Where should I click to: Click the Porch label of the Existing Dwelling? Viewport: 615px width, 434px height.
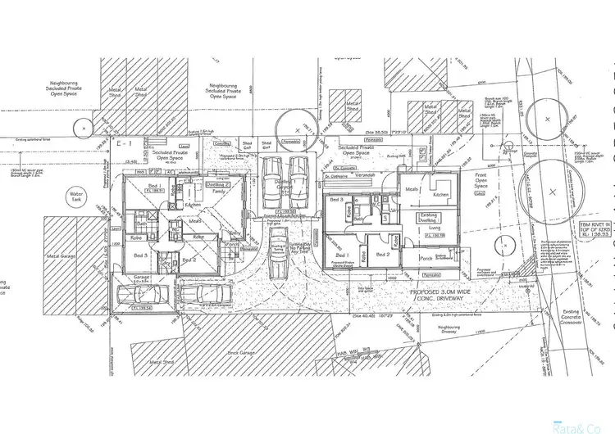tap(426, 258)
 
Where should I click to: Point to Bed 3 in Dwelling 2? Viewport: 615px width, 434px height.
tap(140, 256)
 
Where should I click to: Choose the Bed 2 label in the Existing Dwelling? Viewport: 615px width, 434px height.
tap(381, 255)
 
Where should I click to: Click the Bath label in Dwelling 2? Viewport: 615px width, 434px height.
tap(143, 223)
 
